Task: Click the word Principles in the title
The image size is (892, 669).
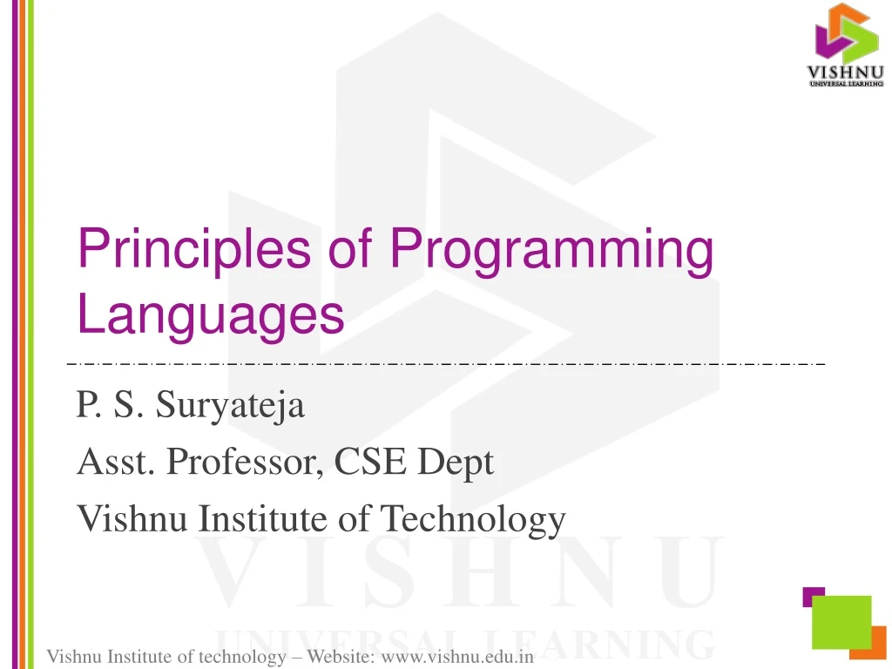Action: click(193, 249)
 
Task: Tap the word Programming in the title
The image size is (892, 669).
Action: click(551, 251)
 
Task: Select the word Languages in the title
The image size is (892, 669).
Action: click(211, 315)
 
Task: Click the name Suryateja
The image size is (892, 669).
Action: click(230, 406)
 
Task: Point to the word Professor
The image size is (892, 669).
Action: click(241, 462)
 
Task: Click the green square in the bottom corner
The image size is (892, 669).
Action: click(841, 622)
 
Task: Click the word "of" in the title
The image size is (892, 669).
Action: click(348, 249)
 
